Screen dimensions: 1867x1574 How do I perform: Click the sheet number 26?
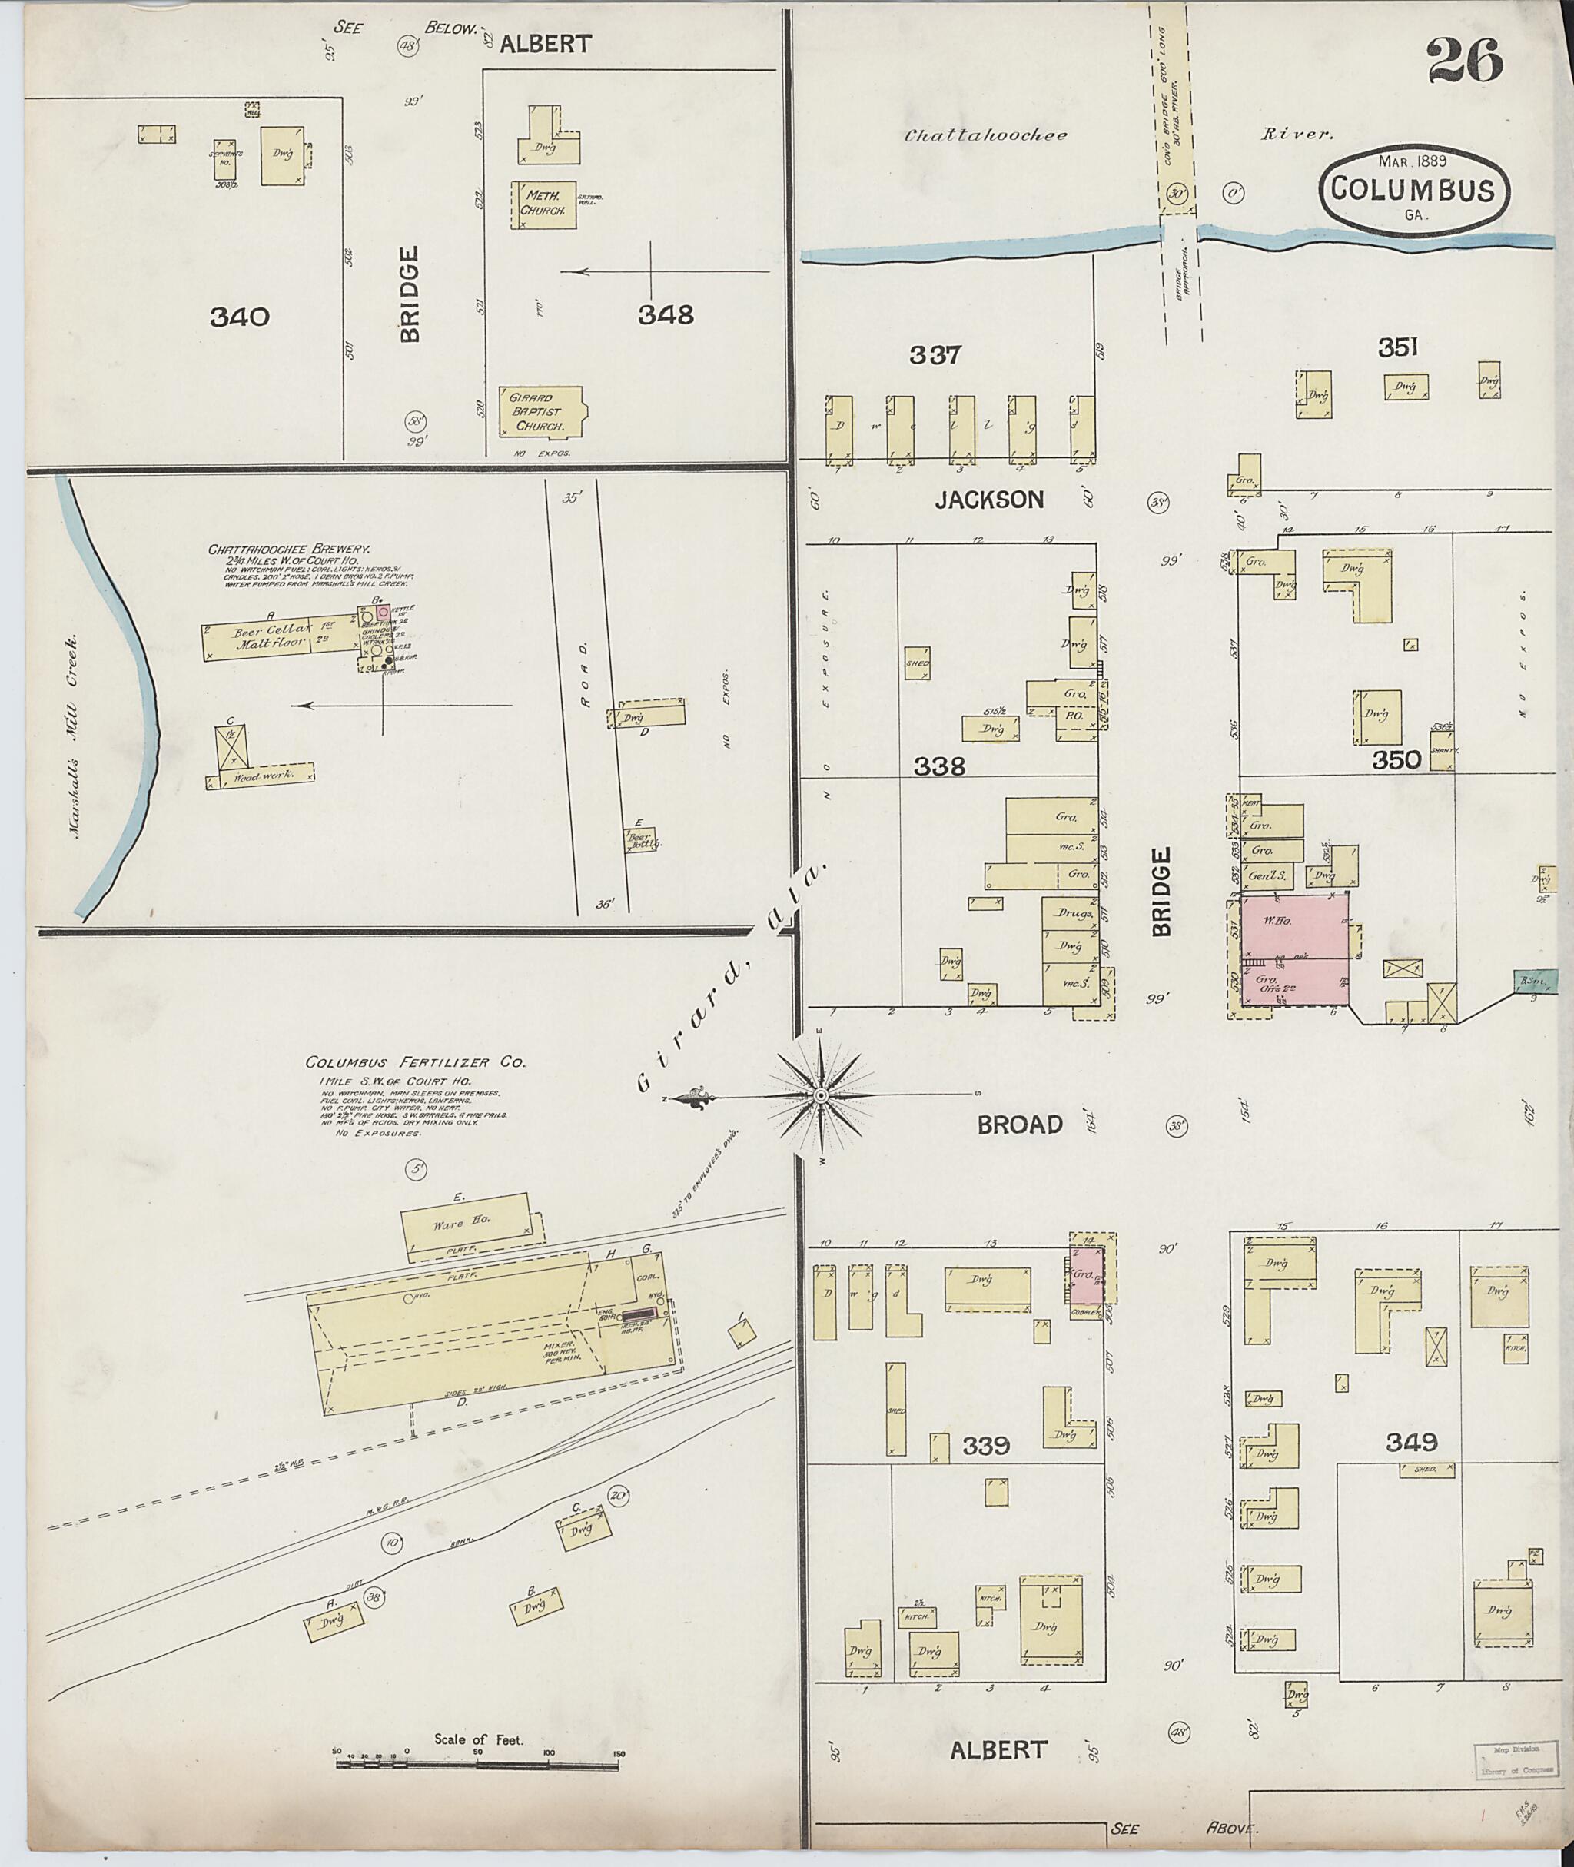click(x=1465, y=61)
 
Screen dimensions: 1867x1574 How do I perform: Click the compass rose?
click(x=820, y=1094)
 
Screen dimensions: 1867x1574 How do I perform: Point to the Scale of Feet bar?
click(x=478, y=1762)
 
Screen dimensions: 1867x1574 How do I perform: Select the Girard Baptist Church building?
click(x=540, y=411)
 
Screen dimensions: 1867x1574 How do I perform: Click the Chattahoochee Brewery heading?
click(x=290, y=550)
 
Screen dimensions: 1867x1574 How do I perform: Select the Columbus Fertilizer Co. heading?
click(x=415, y=1063)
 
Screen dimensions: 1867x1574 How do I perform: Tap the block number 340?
click(x=239, y=317)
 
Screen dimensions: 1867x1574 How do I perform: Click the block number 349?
click(x=1412, y=1441)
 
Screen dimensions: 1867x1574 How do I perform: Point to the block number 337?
click(x=935, y=355)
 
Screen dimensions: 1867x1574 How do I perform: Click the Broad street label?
click(x=1020, y=1125)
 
